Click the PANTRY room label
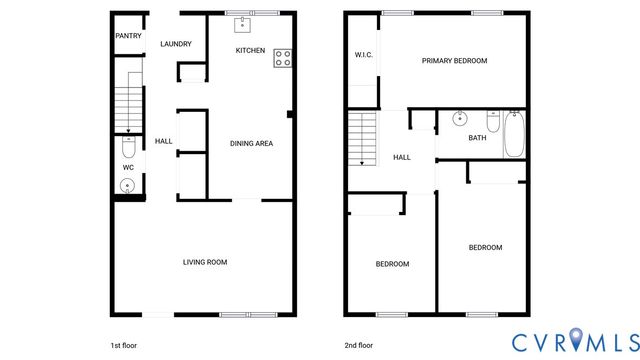128,36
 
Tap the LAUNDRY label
176,44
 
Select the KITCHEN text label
250,50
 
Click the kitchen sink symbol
241,25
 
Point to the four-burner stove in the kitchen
283,58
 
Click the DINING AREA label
251,143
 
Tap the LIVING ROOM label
205,263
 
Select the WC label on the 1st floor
128,168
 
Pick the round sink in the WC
128,185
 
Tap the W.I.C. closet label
364,54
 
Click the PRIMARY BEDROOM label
454,61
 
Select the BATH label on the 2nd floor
478,138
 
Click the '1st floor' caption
124,345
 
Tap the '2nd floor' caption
360,345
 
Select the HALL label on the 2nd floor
402,158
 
